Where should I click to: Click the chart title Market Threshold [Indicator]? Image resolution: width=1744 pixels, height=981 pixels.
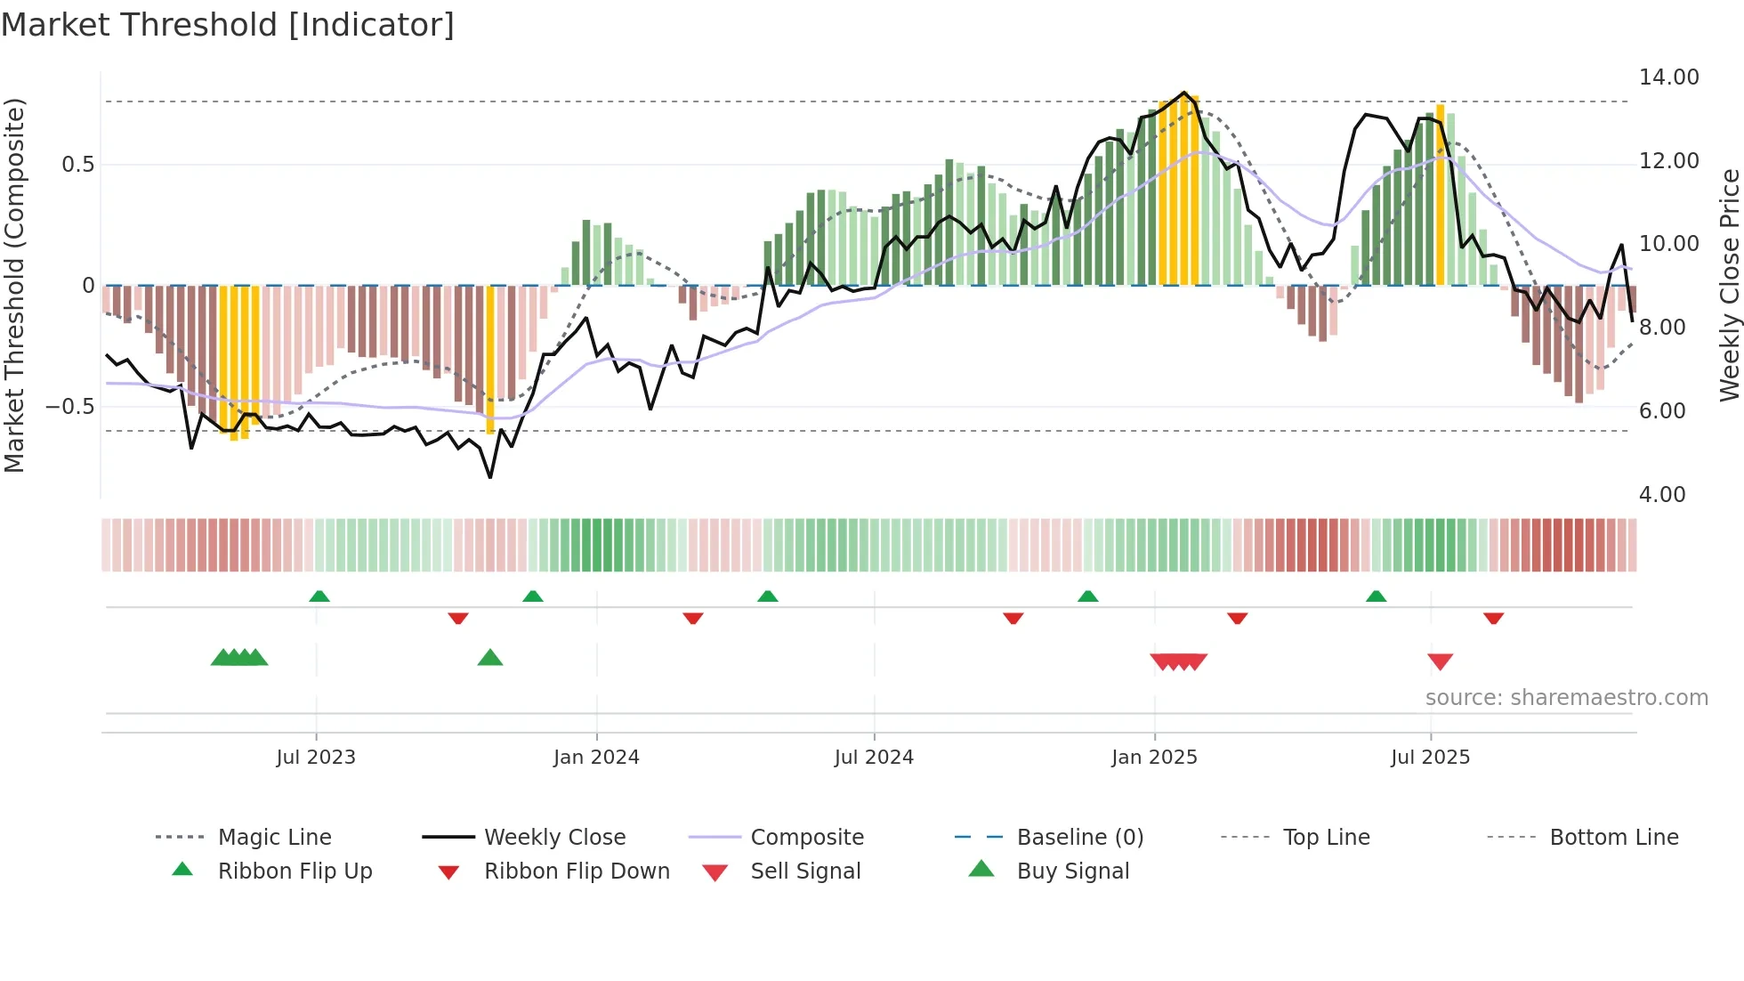click(228, 25)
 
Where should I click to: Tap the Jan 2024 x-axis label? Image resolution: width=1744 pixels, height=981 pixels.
click(596, 758)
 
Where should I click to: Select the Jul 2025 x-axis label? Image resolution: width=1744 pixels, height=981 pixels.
click(1430, 758)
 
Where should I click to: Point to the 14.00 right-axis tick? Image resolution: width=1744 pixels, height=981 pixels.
click(1668, 77)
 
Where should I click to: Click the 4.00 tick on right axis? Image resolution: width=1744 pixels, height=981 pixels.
click(1661, 495)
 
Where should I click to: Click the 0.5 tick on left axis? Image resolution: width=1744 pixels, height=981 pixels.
click(77, 165)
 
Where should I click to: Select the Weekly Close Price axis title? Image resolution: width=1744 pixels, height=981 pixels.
click(1729, 285)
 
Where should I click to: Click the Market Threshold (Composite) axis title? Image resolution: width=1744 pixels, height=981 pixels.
click(14, 285)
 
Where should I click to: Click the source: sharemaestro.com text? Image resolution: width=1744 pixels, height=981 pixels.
click(1566, 698)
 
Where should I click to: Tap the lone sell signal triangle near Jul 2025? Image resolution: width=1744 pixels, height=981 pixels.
click(1440, 661)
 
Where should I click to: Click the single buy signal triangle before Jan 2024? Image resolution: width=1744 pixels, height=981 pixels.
click(490, 658)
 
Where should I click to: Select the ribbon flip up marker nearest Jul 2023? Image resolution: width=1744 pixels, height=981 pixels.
click(319, 596)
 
